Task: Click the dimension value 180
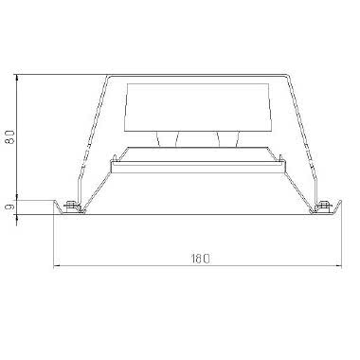(199, 258)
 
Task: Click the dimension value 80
(9, 137)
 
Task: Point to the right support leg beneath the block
(226, 139)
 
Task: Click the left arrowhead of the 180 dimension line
(58, 264)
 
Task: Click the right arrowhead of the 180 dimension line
(340, 264)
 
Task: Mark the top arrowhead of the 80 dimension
(17, 76)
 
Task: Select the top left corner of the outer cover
(107, 75)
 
